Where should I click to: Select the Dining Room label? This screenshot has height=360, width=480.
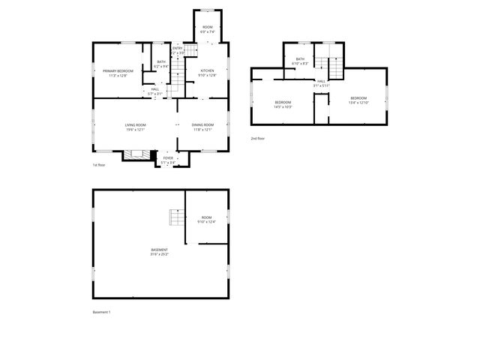pyautogui.click(x=202, y=127)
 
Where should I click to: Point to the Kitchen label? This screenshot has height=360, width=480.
pyautogui.click(x=206, y=73)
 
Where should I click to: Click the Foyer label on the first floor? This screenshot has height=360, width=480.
pyautogui.click(x=168, y=160)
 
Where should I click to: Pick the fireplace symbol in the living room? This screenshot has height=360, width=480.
pyautogui.click(x=136, y=155)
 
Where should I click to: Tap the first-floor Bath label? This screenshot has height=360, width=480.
pyautogui.click(x=161, y=64)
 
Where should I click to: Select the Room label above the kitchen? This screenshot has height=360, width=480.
pyautogui.click(x=208, y=29)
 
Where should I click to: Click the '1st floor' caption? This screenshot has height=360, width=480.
pyautogui.click(x=99, y=165)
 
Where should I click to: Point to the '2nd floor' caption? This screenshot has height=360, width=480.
pyautogui.click(x=257, y=139)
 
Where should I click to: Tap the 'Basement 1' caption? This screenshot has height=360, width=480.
pyautogui.click(x=101, y=311)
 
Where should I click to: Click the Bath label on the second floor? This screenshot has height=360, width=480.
pyautogui.click(x=300, y=61)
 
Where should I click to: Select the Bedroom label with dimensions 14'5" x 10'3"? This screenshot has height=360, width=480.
pyautogui.click(x=283, y=104)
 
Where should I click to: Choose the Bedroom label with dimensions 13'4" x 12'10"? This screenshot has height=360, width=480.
pyautogui.click(x=358, y=100)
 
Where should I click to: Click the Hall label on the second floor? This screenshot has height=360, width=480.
pyautogui.click(x=321, y=83)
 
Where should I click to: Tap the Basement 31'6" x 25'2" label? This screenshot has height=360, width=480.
pyautogui.click(x=159, y=252)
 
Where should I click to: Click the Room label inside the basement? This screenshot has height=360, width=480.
pyautogui.click(x=206, y=219)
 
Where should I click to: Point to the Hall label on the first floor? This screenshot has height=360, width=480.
pyautogui.click(x=154, y=91)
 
